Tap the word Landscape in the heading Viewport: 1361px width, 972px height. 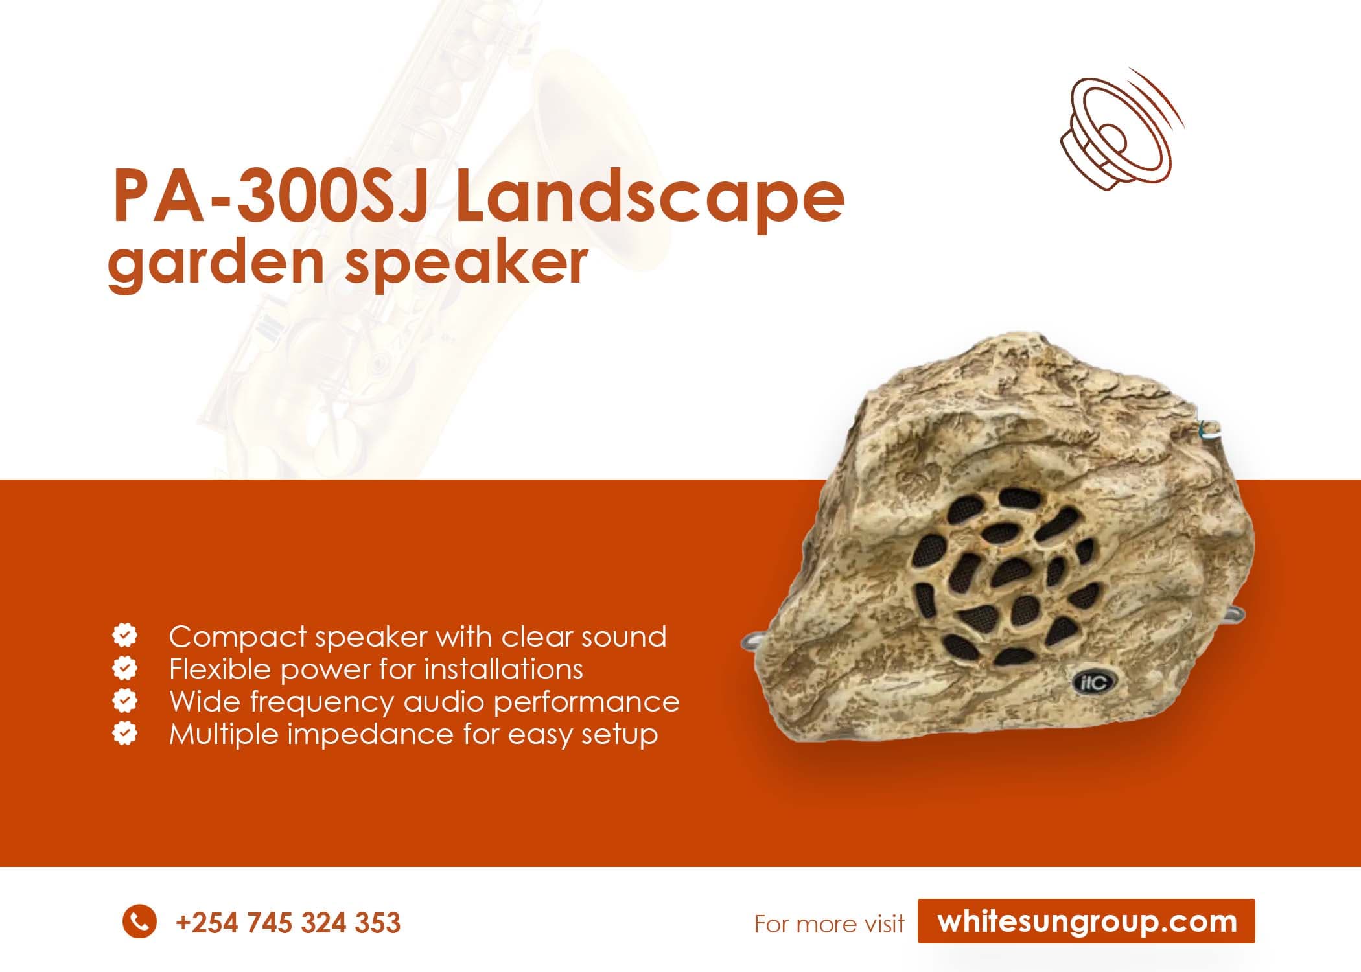[649, 196]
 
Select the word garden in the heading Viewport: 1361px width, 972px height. [216, 264]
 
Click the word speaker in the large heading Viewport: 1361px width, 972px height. [466, 264]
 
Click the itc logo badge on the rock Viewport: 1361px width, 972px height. [1093, 681]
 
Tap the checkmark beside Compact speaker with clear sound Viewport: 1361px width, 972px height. [124, 636]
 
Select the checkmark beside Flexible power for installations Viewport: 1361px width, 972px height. [124, 668]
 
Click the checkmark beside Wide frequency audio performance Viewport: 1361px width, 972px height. [124, 700]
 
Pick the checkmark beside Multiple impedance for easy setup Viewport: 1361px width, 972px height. [124, 734]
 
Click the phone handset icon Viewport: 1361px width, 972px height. [139, 921]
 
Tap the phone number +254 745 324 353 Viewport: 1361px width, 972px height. [288, 923]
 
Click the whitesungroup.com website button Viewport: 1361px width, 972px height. [1086, 921]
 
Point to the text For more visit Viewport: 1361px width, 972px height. [829, 924]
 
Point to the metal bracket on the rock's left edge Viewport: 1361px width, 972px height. [752, 642]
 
